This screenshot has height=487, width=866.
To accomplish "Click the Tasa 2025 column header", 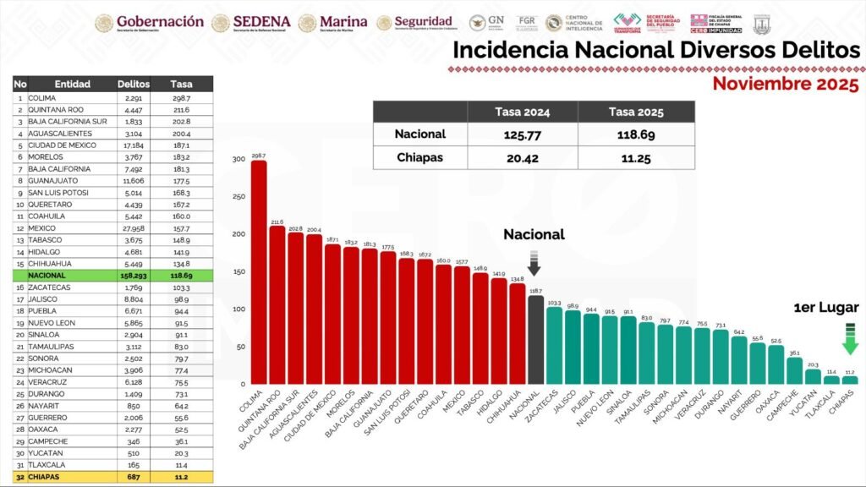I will tap(636, 112).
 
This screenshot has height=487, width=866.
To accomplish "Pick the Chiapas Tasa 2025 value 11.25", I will tap(636, 158).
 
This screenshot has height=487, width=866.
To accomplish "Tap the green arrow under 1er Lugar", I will tap(850, 339).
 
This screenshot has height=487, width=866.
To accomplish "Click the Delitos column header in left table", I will tap(134, 84).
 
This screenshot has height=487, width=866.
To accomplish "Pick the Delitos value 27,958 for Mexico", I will tap(134, 228).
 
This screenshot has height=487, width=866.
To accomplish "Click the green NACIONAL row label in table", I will tap(48, 276).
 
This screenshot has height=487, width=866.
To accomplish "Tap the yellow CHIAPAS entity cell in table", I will tap(47, 478).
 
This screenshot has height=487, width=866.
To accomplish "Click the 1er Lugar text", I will tap(827, 308).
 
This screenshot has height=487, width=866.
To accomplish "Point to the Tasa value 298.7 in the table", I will tap(181, 98).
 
